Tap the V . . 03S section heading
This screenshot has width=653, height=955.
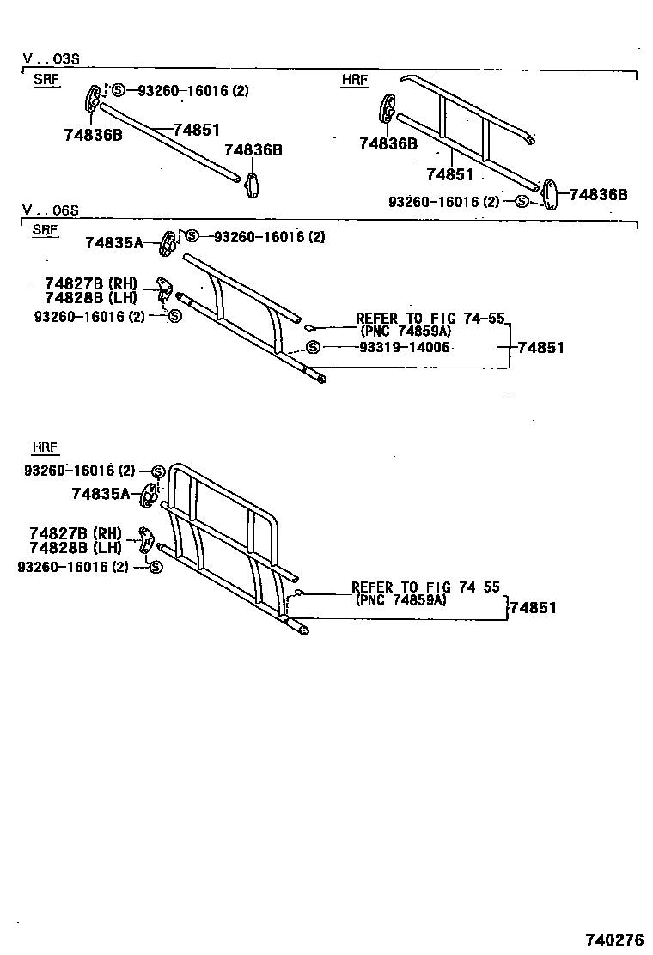pyautogui.click(x=51, y=59)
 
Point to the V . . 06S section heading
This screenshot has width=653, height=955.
pyautogui.click(x=51, y=210)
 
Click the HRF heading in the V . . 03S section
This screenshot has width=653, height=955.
pyautogui.click(x=354, y=80)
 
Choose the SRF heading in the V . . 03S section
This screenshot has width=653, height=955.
pyautogui.click(x=46, y=80)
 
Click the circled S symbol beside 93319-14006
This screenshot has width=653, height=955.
pyautogui.click(x=313, y=347)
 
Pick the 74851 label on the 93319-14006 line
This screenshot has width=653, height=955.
pyautogui.click(x=540, y=348)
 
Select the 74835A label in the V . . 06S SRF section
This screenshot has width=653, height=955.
pyautogui.click(x=113, y=243)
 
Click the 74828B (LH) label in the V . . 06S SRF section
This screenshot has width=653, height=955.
pyautogui.click(x=90, y=297)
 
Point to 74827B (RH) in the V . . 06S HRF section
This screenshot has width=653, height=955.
pyautogui.click(x=76, y=532)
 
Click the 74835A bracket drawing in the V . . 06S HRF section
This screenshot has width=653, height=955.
pyautogui.click(x=150, y=495)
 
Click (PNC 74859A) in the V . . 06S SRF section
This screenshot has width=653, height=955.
pyautogui.click(x=406, y=332)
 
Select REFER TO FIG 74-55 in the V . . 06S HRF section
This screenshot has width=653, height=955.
pyautogui.click(x=425, y=587)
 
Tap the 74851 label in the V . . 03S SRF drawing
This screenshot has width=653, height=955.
pyautogui.click(x=197, y=130)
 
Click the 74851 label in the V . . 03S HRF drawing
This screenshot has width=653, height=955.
pyautogui.click(x=450, y=174)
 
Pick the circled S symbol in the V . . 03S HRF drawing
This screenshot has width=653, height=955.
pyautogui.click(x=522, y=202)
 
